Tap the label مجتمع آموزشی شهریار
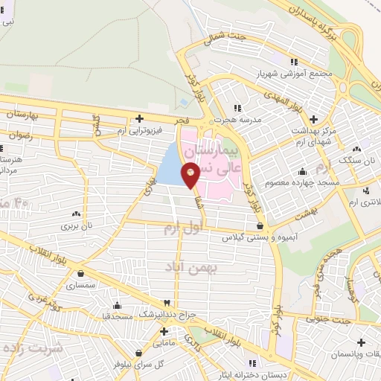tap(260, 74)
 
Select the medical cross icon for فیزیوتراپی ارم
tap(139, 118)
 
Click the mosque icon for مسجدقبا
tap(118, 304)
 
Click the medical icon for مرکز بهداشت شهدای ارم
tap(313, 118)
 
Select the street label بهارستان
tap(22, 115)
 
